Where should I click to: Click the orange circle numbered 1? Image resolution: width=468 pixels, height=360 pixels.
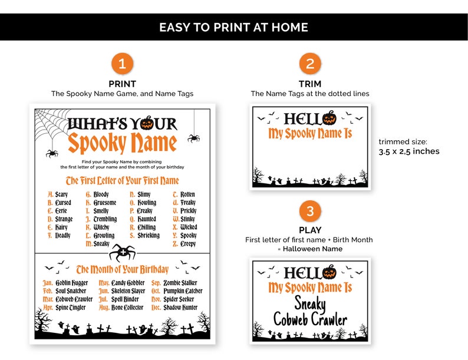click(x=122, y=64)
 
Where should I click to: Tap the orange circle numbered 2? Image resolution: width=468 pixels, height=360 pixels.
click(x=310, y=64)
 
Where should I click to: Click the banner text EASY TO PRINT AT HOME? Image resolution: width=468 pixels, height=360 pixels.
click(x=233, y=28)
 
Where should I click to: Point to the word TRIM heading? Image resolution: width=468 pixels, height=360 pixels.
click(x=310, y=84)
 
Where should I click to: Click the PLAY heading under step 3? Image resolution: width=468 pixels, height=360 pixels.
click(x=310, y=230)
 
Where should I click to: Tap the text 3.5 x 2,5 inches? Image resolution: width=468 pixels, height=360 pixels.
click(x=408, y=151)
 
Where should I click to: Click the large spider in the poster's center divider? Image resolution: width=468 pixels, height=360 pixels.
click(x=123, y=252)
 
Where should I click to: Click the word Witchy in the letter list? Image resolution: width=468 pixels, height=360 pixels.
click(x=101, y=227)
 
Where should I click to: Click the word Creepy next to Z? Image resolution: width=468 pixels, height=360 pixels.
click(x=188, y=244)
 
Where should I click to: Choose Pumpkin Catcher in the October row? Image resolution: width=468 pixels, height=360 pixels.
click(x=183, y=291)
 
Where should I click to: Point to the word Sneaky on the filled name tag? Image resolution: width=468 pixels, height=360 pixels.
click(x=310, y=304)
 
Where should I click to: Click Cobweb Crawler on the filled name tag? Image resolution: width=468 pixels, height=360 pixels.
click(x=310, y=321)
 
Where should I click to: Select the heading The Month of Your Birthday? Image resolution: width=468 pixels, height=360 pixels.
click(x=122, y=270)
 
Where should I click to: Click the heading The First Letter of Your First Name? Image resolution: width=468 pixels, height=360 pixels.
click(x=122, y=181)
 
